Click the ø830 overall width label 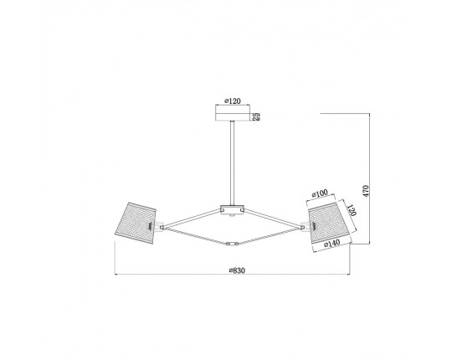click(x=237, y=270)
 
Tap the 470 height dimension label click(x=366, y=191)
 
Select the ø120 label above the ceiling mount click(x=233, y=100)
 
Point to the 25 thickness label click(x=256, y=116)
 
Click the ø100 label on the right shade click(x=320, y=193)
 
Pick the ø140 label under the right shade click(x=331, y=244)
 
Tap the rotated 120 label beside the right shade click(x=352, y=210)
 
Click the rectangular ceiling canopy click(x=233, y=116)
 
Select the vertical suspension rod click(x=232, y=163)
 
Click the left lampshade click(x=136, y=223)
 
